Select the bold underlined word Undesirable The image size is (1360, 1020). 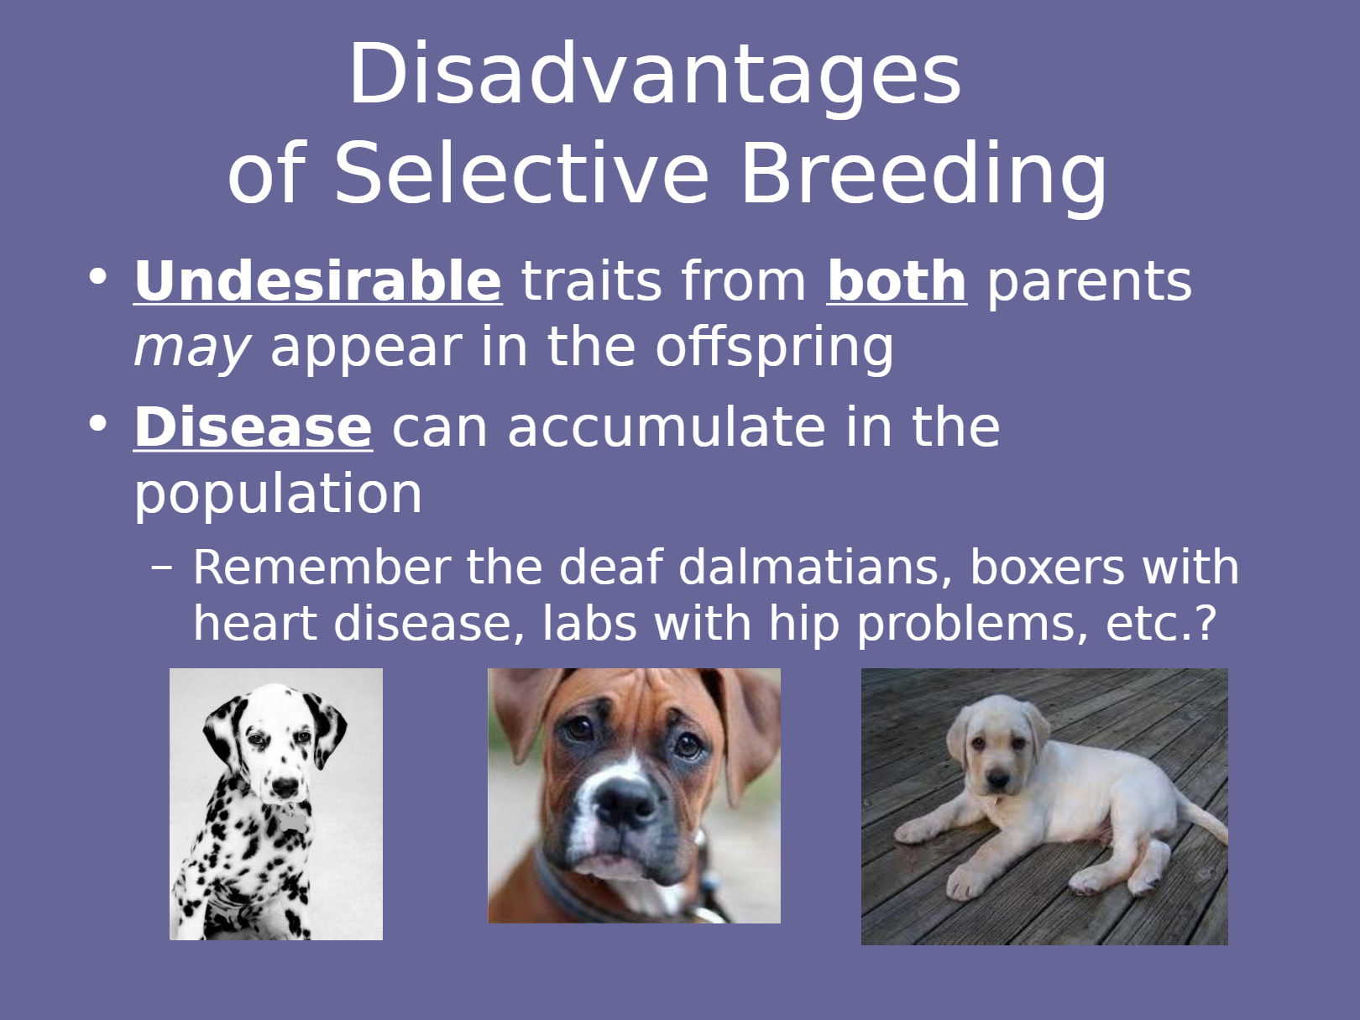tap(318, 281)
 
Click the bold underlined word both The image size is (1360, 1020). tap(897, 281)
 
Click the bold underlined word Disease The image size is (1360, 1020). tap(254, 427)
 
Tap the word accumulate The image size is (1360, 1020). tap(667, 426)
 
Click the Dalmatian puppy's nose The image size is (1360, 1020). tap(285, 787)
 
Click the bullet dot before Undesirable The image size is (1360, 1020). tap(98, 276)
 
